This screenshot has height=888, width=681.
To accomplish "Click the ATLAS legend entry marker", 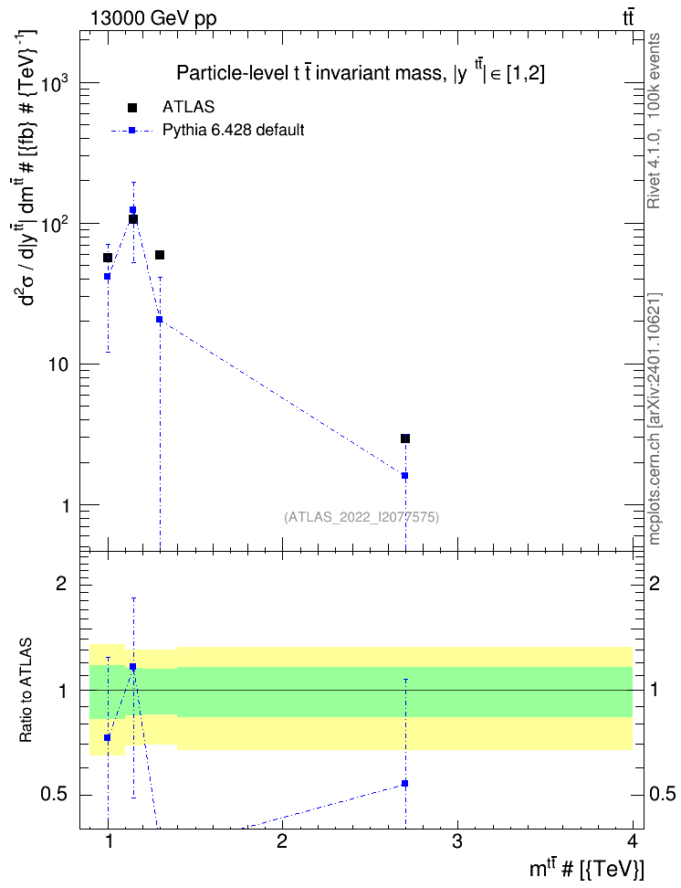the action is (x=132, y=108).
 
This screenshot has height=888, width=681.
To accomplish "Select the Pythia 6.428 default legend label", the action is (x=233, y=131).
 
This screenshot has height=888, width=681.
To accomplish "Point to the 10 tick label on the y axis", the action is (x=58, y=365).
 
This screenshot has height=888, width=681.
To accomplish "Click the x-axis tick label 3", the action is (x=456, y=841).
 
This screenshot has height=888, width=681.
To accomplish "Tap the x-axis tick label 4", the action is (x=633, y=841).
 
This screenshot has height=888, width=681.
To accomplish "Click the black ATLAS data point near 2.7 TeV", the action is (x=405, y=439).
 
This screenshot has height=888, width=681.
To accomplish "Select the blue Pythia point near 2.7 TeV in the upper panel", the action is (x=404, y=476).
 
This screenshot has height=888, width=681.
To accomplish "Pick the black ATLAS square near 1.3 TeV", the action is (x=160, y=255).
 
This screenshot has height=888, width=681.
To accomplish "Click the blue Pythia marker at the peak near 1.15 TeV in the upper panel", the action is (x=133, y=209).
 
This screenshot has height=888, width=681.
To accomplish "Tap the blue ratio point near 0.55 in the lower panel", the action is (x=404, y=783).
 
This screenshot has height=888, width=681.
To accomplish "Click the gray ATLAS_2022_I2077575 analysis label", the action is (x=361, y=516).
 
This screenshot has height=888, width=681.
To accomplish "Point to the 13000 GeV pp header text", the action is (x=153, y=18).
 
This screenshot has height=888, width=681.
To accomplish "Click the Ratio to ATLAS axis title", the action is (x=26, y=690).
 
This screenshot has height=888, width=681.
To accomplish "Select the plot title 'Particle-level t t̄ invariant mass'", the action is (x=311, y=73).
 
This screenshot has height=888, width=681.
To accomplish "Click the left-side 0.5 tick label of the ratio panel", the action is (x=55, y=794).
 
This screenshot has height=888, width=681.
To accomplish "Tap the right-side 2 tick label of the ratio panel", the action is (x=655, y=583).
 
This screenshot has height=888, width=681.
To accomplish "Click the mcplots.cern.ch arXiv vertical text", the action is (x=655, y=418).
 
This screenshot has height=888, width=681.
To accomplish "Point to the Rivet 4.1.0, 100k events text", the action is (x=654, y=121).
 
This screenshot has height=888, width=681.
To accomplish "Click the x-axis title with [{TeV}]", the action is (x=586, y=869).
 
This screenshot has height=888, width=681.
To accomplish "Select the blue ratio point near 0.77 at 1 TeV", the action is (x=107, y=737).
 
